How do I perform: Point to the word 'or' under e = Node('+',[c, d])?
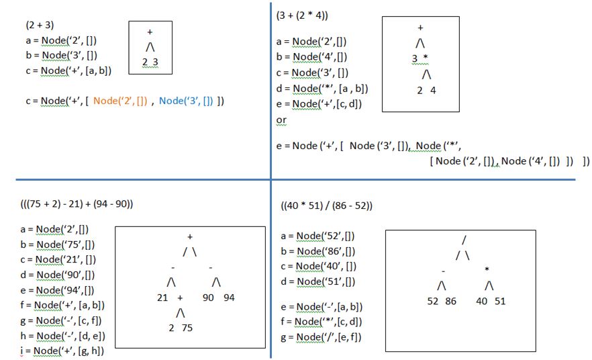(281, 120)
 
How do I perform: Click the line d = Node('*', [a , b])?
(322, 88)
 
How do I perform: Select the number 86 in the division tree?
(450, 302)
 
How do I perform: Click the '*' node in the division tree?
(487, 270)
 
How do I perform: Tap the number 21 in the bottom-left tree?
(162, 298)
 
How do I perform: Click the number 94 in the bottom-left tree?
(229, 298)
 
